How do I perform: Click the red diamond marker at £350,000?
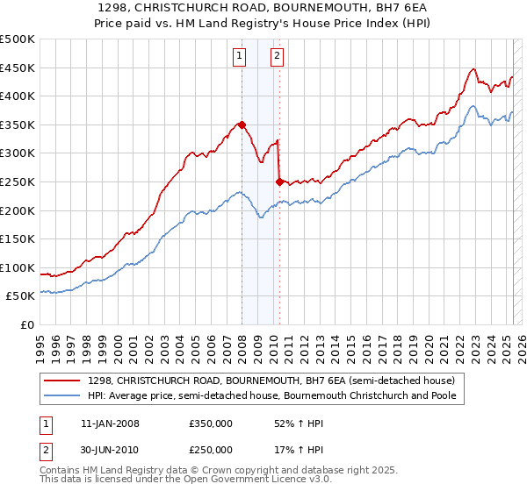coord(242,125)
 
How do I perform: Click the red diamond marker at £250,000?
coord(279,182)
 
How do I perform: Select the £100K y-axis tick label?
coord(18,267)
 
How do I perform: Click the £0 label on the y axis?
coord(27,324)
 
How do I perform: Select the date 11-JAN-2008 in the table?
coord(109,423)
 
